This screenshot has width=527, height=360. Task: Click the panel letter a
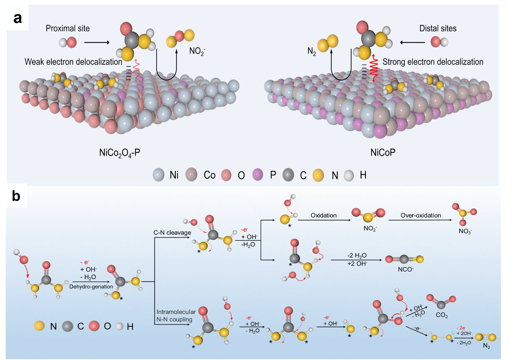coord(17,18)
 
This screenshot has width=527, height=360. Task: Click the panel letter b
coord(16,196)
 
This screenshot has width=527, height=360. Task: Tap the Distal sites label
coord(438,28)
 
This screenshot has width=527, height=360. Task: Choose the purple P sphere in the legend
coord(259,175)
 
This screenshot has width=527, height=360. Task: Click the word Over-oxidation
coord(420,216)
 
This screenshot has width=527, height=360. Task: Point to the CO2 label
coord(442,316)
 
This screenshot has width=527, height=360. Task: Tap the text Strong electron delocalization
coord(433,62)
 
